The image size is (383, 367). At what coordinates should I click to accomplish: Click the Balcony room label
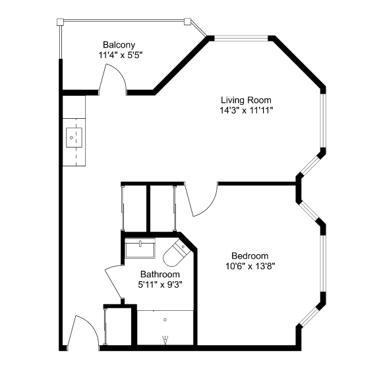(x=119, y=45)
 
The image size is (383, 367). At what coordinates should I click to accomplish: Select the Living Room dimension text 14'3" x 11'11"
(x=246, y=110)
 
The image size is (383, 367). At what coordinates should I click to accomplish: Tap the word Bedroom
(x=250, y=255)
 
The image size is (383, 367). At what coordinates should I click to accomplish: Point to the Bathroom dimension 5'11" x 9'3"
(x=160, y=284)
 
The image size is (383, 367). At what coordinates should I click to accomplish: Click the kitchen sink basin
(x=74, y=138)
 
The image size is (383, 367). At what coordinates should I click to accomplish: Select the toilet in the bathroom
(x=175, y=253)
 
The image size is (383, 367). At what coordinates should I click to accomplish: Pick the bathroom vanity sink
(x=140, y=248)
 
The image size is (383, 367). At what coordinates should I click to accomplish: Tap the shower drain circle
(x=165, y=319)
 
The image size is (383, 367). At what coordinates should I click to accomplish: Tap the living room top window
(x=241, y=38)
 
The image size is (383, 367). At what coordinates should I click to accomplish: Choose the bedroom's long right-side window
(x=323, y=263)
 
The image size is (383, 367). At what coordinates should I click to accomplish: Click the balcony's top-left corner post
(x=60, y=22)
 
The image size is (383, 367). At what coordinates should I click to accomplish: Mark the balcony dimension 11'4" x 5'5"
(x=120, y=55)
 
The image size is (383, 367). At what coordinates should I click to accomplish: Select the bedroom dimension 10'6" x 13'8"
(x=250, y=266)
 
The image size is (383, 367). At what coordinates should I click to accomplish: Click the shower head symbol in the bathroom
(x=165, y=340)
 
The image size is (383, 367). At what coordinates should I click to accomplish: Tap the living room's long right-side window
(x=323, y=121)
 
